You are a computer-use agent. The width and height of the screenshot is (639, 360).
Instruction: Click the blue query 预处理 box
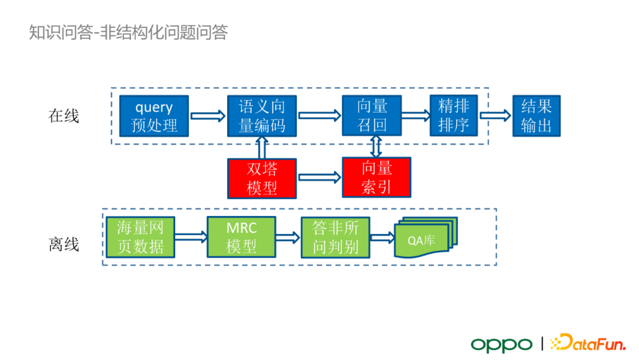(154, 115)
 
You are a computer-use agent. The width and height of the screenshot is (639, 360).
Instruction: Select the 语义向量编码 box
(262, 115)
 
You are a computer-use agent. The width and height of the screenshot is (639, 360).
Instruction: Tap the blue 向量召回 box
(372, 115)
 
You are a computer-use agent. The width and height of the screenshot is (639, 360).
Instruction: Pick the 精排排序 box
(454, 115)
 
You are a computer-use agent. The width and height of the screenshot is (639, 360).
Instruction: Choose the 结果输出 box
(536, 115)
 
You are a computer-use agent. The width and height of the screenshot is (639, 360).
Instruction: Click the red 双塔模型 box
(262, 178)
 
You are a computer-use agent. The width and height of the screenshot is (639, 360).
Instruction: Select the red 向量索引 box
(376, 178)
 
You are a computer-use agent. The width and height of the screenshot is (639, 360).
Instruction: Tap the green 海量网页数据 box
(140, 237)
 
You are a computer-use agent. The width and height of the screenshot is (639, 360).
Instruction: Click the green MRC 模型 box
(241, 237)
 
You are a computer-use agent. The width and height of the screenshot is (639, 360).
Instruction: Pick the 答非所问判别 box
(335, 237)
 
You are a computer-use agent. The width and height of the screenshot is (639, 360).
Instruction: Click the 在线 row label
(63, 116)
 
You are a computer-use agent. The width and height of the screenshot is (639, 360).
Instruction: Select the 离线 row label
(63, 244)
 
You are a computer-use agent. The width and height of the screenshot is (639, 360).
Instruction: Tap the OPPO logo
(502, 344)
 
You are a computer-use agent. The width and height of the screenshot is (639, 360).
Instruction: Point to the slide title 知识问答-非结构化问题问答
(128, 32)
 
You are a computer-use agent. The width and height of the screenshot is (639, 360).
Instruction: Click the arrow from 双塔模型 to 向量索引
(320, 176)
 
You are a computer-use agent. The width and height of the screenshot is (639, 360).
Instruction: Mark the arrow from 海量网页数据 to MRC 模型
(191, 237)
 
